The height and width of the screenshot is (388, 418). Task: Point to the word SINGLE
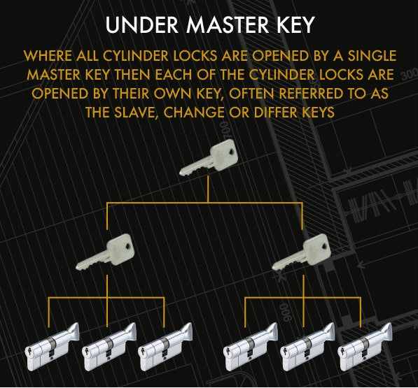[x=368, y=55]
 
